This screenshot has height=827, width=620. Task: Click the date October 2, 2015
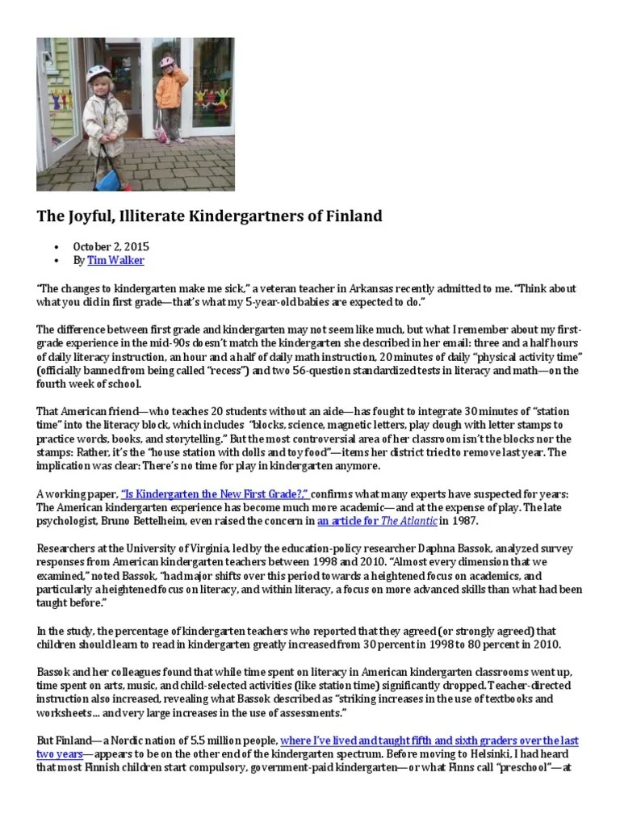point(111,246)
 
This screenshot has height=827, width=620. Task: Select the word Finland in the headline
point(351,216)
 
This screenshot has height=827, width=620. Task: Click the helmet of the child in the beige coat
point(99,72)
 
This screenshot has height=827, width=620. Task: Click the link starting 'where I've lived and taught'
point(429,741)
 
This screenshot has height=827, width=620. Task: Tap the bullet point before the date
point(55,246)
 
